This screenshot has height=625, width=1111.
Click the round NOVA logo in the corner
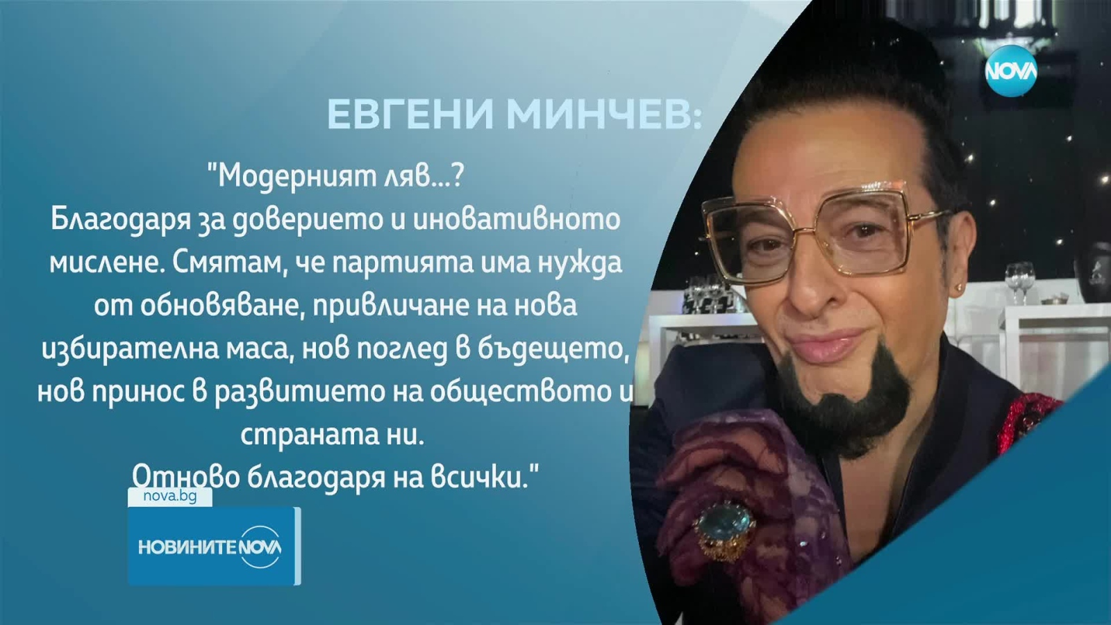1010,70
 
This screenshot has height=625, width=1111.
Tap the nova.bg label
169,497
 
